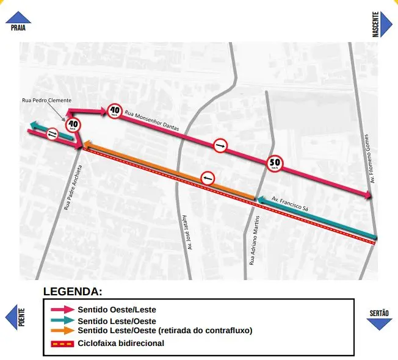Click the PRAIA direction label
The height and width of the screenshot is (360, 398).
[18, 27]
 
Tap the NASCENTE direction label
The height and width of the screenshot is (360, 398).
[376, 24]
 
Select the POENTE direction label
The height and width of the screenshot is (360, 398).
[21, 317]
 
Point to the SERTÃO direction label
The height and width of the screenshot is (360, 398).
[379, 313]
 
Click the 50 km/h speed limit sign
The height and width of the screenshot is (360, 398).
[275, 163]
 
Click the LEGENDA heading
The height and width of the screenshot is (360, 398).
[73, 292]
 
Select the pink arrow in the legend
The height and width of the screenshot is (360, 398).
[62, 310]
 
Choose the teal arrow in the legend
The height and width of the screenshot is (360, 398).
[62, 320]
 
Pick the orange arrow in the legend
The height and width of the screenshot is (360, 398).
[62, 331]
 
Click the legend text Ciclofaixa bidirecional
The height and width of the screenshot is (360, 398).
[120, 343]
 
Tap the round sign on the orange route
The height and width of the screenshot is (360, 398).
[208, 178]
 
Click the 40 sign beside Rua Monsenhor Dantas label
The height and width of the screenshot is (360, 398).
[114, 111]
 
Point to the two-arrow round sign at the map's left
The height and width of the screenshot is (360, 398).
[52, 134]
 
